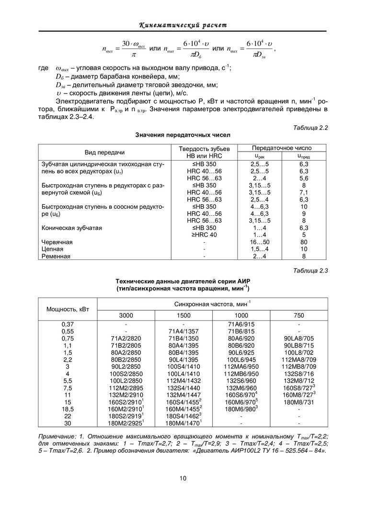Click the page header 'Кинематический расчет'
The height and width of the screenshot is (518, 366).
[x=183, y=24]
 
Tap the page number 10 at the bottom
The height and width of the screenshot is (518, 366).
[x=183, y=478]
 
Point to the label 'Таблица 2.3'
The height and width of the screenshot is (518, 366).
[x=310, y=271]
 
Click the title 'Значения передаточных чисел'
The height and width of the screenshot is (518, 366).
[x=183, y=135]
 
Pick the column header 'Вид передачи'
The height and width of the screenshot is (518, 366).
[x=104, y=152]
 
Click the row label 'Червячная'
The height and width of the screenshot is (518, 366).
[x=57, y=242]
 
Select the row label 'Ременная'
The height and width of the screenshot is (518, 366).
[x=56, y=256]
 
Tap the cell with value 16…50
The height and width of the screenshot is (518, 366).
[x=259, y=242]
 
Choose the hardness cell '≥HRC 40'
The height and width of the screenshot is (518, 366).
[x=205, y=235]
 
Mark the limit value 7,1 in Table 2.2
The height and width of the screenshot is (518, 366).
[x=304, y=192]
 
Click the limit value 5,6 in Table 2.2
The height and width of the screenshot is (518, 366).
[x=304, y=178]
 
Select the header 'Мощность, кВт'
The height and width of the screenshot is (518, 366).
[x=68, y=309]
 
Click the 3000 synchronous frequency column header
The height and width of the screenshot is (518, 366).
[x=126, y=315]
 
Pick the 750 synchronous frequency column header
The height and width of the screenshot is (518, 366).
[x=298, y=315]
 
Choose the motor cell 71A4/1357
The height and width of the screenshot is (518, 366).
[x=183, y=331]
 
